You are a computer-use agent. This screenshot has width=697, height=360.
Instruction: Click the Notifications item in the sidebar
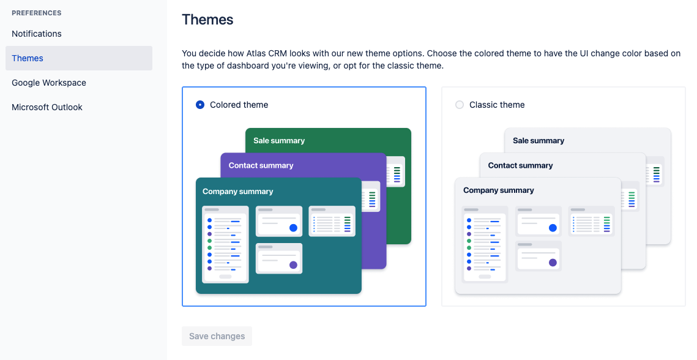pos(37,34)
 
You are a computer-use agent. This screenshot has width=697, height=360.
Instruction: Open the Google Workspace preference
pos(49,83)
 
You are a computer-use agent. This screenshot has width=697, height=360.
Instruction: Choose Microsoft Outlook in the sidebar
pos(47,107)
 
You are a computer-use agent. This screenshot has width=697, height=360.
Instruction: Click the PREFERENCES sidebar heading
pos(37,13)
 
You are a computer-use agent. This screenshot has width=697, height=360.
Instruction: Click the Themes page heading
pos(207,20)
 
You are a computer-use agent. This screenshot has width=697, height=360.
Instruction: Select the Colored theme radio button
pos(200,105)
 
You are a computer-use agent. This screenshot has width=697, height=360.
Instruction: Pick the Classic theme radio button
pos(460,105)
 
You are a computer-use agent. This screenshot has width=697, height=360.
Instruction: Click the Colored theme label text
pos(239,105)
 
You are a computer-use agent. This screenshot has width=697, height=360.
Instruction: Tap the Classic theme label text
pos(497,105)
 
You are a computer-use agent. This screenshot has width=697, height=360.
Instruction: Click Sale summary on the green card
pos(279,141)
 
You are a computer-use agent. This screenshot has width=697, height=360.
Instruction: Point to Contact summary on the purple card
pos(261,165)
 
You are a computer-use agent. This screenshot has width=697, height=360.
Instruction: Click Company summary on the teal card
pos(238,192)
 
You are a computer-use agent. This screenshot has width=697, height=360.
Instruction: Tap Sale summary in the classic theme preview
pos(539,141)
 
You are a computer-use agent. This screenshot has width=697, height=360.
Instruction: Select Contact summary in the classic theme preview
pos(521,165)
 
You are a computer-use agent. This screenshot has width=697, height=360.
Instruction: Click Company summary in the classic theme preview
pos(499,190)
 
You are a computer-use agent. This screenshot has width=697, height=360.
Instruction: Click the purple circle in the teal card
pos(293,264)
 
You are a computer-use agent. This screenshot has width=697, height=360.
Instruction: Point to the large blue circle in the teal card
pos(293,228)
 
